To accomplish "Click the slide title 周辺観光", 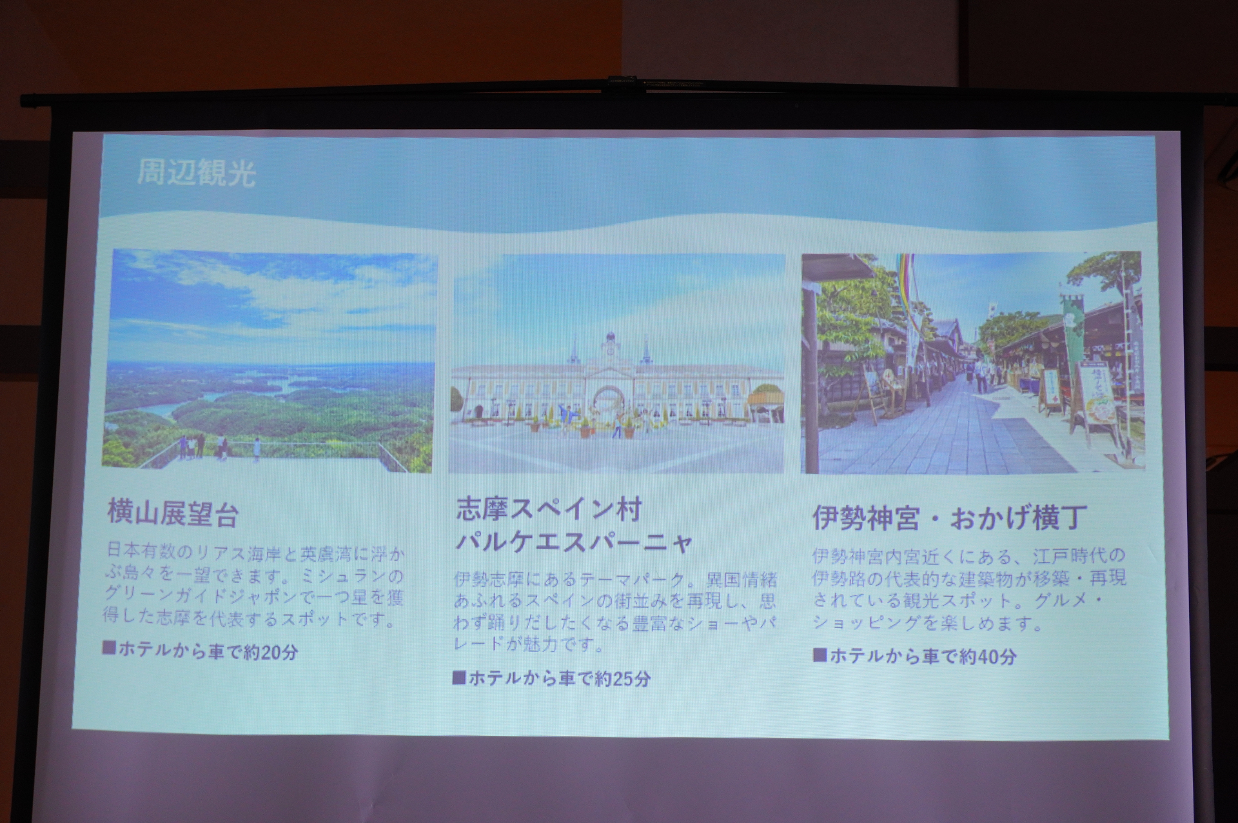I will coord(196,174).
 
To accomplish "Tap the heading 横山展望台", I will coord(173,514).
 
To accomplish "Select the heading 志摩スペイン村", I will coord(549,510).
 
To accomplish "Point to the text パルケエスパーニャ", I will coord(574,542).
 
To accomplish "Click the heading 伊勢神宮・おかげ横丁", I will coord(949,517).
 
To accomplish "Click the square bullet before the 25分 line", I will coord(459,677).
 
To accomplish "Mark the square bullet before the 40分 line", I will coord(820,655).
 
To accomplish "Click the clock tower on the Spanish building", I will coord(609,348).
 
